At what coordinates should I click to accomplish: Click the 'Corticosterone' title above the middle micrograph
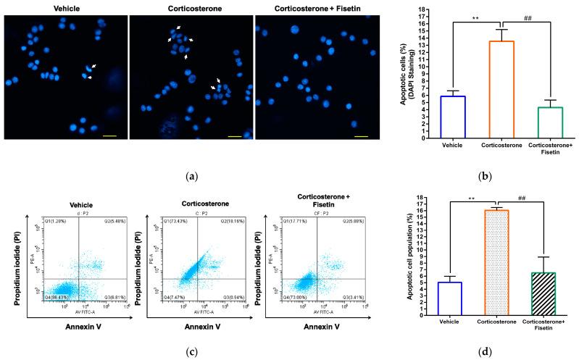[191, 7]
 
